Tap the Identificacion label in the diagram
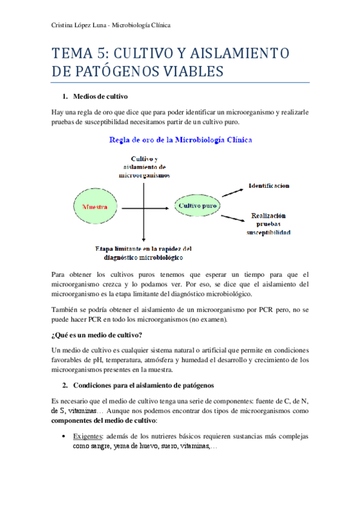coord(269,186)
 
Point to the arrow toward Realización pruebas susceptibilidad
coord(231,217)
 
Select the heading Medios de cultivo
coord(100,96)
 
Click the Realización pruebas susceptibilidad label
coord(269,223)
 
